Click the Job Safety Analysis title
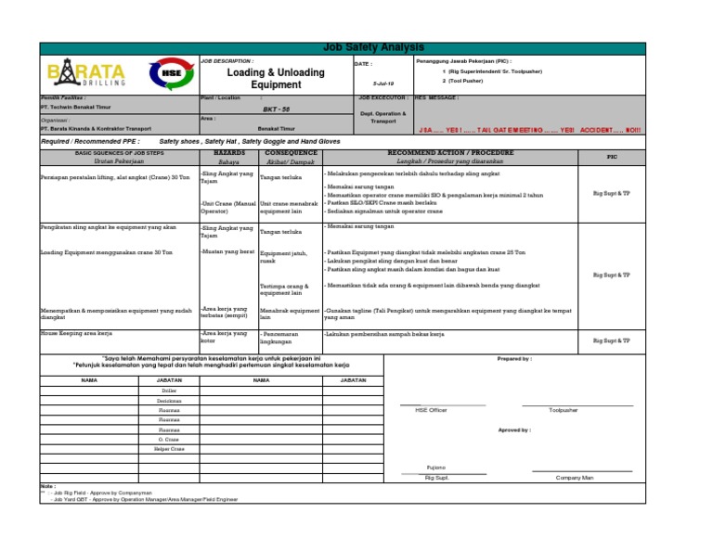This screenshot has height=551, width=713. click(x=371, y=47)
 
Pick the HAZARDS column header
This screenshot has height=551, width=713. click(x=228, y=150)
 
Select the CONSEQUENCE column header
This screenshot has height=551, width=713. click(x=291, y=150)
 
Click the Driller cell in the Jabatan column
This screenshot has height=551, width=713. click(x=168, y=391)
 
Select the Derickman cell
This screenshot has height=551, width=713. click(x=168, y=401)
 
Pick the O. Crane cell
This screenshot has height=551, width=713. click(x=168, y=439)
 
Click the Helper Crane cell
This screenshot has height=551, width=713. click(x=168, y=448)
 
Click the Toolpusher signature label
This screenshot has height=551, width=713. click(x=563, y=409)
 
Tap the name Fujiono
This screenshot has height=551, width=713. click(x=435, y=468)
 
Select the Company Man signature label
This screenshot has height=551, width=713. click(x=575, y=477)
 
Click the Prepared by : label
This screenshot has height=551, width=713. click(x=514, y=359)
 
